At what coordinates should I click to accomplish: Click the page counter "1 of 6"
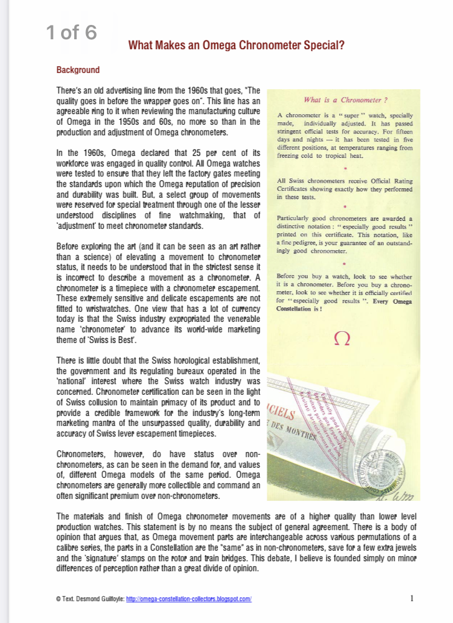coord(72,32)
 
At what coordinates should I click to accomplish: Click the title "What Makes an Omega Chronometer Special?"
coord(236,46)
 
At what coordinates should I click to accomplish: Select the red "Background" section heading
coord(78,70)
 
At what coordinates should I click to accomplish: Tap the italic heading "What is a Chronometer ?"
coord(345,100)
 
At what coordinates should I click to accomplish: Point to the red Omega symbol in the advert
coord(343,340)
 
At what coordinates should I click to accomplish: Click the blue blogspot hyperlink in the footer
coord(189,599)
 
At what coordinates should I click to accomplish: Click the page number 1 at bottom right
coord(412,598)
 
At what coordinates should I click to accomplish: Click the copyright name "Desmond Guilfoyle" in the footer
coord(99,599)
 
